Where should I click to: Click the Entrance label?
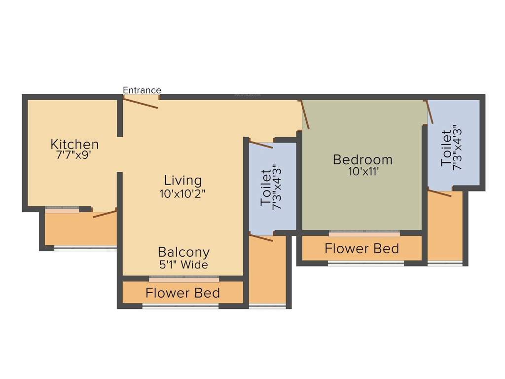tap(142, 90)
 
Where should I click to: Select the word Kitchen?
tap(74, 145)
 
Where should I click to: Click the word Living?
tap(183, 181)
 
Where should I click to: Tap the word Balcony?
tap(183, 252)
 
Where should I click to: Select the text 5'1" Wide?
tap(183, 265)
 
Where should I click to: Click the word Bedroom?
tap(362, 160)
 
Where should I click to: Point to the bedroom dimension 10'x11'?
tap(362, 172)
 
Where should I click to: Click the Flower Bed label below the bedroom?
tap(361, 248)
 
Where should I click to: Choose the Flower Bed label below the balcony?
tap(182, 293)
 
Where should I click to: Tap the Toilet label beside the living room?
tap(266, 188)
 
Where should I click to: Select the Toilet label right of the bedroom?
tap(446, 148)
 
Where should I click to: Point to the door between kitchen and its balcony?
tap(105, 214)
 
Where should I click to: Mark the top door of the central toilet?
tap(261, 145)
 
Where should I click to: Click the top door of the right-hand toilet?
tap(429, 112)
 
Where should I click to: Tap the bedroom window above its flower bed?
tap(364, 231)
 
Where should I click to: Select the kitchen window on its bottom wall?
tap(62, 209)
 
